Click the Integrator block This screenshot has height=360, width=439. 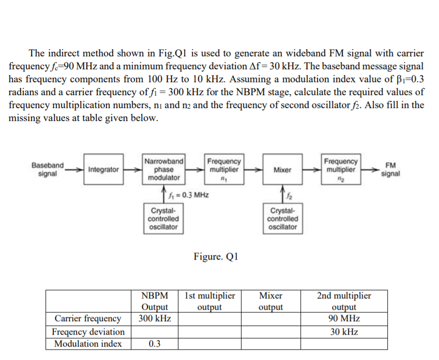[103, 169]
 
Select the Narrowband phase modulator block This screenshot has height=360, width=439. [164, 169]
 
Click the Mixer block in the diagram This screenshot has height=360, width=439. [282, 169]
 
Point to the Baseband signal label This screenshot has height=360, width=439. [48, 169]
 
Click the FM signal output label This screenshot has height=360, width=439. [390, 169]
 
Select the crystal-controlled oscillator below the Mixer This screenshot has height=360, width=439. [282, 218]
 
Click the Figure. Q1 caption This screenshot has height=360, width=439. [215, 257]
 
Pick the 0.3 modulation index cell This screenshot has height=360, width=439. [154, 344]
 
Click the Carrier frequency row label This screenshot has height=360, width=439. [88, 318]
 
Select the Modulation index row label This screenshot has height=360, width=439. [88, 344]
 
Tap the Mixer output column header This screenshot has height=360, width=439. [270, 302]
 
